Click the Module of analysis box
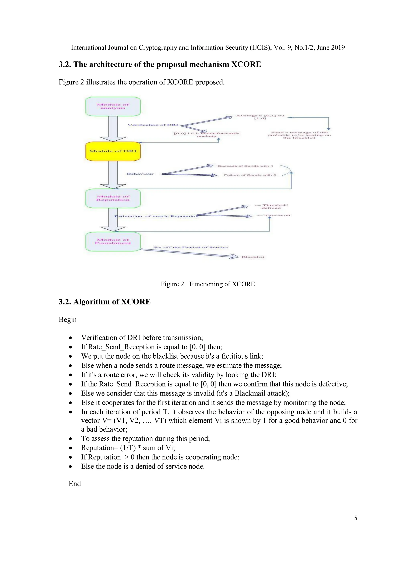coord(113,106)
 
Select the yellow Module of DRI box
coord(113,151)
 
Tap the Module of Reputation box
coord(113,198)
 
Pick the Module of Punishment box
coord(113,241)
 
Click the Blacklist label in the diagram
coord(253,257)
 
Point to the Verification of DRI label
coord(153,125)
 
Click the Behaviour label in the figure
coord(140,174)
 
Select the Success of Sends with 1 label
coord(245,166)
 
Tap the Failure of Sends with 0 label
coord(250,175)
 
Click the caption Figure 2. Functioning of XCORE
coord(208,284)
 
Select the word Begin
coord(68,320)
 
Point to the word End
coord(75,484)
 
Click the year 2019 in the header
coord(338,48)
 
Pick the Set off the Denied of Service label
coord(191,247)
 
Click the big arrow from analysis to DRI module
coord(113,129)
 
